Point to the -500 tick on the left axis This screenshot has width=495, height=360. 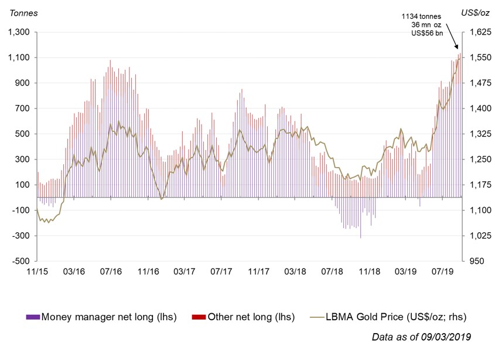[20, 261]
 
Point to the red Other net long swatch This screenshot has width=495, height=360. [199, 317]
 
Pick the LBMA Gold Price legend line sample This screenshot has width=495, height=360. [316, 317]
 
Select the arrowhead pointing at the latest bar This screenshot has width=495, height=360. [458, 49]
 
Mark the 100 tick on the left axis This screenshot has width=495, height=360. [24, 185]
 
